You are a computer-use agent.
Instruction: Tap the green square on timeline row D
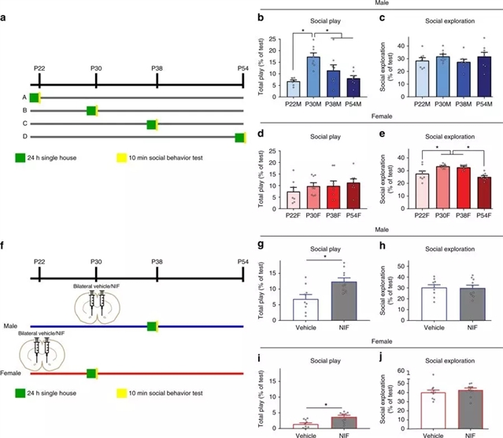[240, 138]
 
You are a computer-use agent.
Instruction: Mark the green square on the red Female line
[91, 374]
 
